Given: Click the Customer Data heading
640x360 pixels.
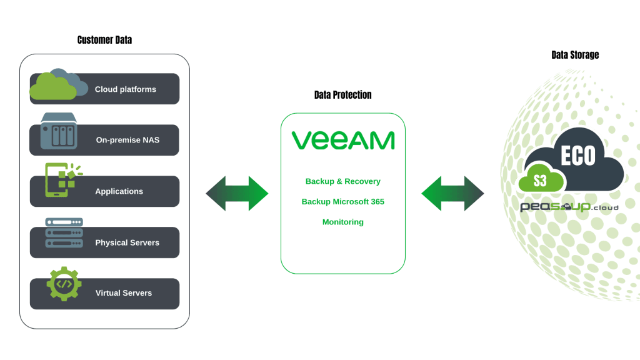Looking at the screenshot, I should [104, 40].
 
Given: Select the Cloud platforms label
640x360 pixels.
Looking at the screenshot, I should [125, 89].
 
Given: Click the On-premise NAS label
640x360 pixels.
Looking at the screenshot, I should [127, 140].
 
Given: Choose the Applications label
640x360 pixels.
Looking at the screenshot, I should [119, 191].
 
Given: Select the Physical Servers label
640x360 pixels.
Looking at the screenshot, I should [127, 242].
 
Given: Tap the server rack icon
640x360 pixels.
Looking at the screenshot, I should [63, 237].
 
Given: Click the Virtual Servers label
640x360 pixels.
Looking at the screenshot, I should [123, 293].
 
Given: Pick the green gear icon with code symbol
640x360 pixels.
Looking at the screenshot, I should [64, 284].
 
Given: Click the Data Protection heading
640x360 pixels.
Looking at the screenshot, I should [342, 95].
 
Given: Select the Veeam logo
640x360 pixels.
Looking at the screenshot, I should [342, 140].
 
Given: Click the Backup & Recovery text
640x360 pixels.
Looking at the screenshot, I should [342, 181].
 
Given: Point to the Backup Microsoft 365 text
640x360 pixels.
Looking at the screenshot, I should [342, 202].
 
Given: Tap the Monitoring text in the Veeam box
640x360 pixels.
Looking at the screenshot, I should [342, 222].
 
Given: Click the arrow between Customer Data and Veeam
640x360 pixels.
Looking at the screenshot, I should [237, 193].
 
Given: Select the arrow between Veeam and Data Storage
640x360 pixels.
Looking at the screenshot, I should [452, 193].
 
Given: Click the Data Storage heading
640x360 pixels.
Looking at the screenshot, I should [574, 55].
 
